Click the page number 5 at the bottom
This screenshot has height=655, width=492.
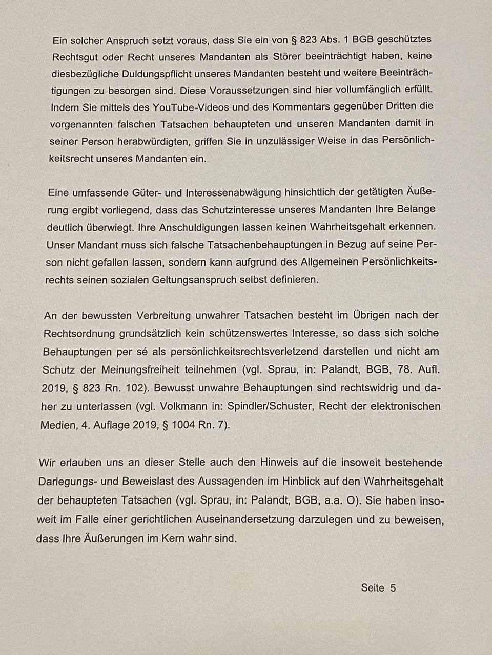pos(393,587)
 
